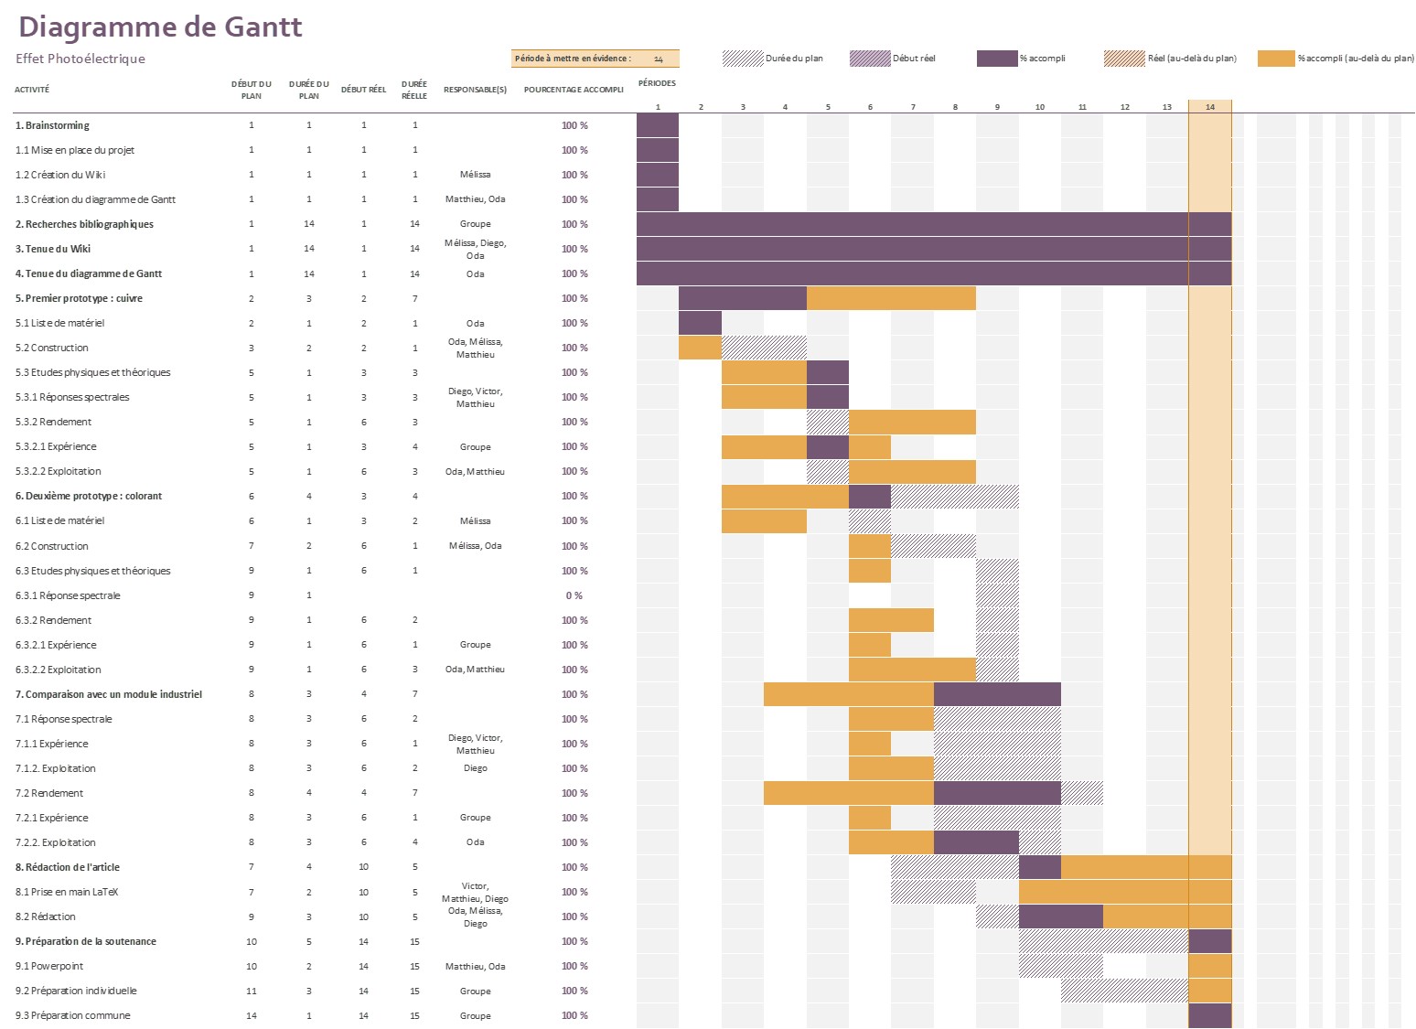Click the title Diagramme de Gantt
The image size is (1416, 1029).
(x=160, y=27)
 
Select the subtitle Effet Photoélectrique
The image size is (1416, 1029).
(x=80, y=59)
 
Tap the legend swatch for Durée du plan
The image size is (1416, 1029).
(x=742, y=59)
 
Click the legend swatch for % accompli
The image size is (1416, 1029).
(x=996, y=59)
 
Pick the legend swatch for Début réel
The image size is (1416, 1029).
(x=869, y=59)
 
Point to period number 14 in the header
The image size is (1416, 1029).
(x=1209, y=107)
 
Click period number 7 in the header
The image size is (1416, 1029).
(x=912, y=107)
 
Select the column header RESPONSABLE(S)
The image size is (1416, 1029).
(x=475, y=90)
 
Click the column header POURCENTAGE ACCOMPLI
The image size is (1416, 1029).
(x=574, y=90)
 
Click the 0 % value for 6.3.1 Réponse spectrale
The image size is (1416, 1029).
(x=574, y=595)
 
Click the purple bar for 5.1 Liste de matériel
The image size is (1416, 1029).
(x=700, y=323)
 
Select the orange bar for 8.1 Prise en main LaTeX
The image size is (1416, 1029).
(x=1124, y=892)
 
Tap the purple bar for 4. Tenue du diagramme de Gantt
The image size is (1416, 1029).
(x=933, y=273)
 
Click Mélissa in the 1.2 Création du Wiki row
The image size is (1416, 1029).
(x=475, y=175)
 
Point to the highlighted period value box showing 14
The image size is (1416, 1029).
(x=658, y=59)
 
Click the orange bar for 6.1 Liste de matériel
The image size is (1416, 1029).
(x=764, y=520)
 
